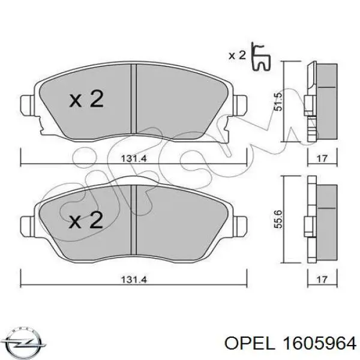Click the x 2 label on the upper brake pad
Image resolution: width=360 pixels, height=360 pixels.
click(86, 100)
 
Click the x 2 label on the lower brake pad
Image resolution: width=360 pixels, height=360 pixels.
click(86, 222)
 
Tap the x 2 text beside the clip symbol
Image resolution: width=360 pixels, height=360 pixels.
click(238, 55)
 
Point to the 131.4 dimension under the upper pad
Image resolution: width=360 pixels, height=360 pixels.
click(135, 159)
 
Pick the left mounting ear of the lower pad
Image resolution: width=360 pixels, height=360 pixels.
click(27, 227)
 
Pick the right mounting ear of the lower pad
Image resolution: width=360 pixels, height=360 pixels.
click(242, 227)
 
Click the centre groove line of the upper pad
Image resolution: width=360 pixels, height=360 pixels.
click(135, 99)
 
